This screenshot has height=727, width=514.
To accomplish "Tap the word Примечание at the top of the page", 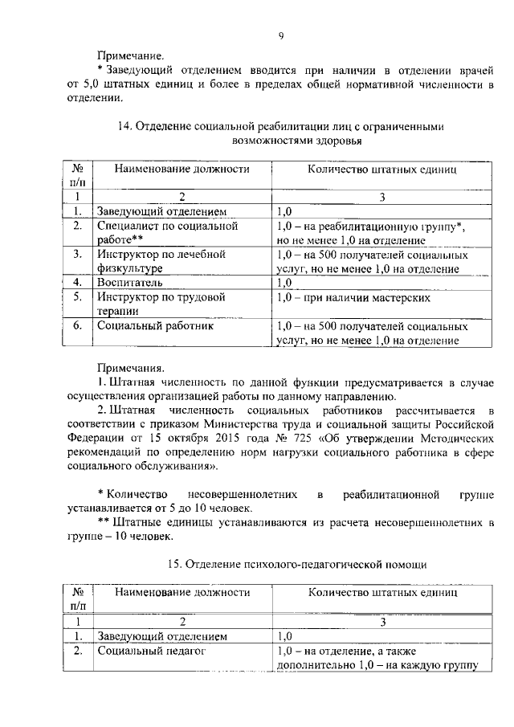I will (130, 56).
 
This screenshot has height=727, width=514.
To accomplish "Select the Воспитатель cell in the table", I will (130, 283).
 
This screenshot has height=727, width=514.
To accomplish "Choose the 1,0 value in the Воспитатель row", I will (284, 283).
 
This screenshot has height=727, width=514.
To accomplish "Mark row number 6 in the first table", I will (78, 327).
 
